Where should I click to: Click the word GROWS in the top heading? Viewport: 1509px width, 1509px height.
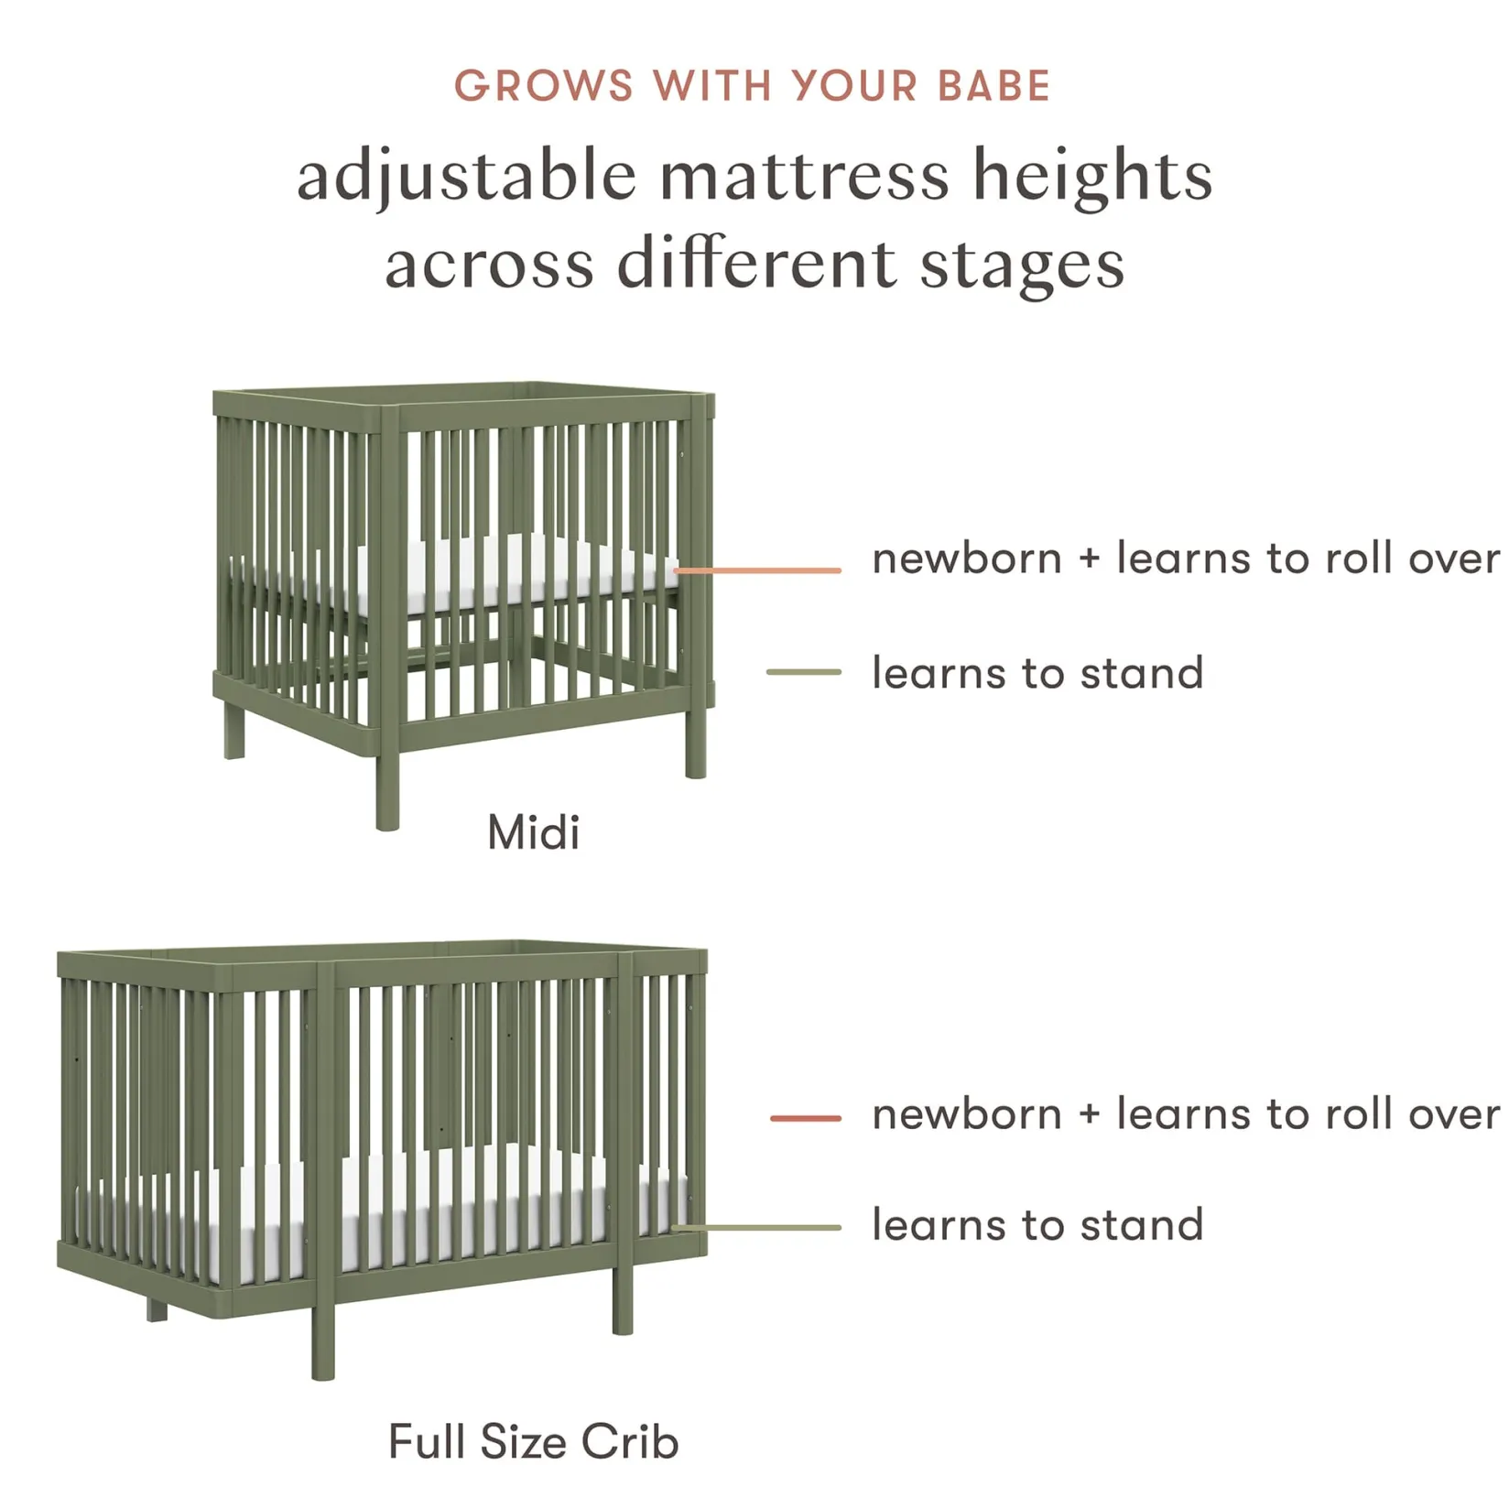point(543,87)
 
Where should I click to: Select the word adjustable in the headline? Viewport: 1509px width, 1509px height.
point(466,177)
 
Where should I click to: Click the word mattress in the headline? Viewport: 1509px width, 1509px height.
point(805,177)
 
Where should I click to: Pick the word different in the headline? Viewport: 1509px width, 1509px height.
point(756,265)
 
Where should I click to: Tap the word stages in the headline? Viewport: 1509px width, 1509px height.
point(1022,266)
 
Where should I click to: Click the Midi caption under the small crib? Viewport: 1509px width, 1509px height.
point(533,832)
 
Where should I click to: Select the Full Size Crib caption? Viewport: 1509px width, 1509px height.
point(533,1441)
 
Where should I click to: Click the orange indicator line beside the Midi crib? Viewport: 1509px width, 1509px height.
point(758,570)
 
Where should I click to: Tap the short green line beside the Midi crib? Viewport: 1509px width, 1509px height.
point(803,672)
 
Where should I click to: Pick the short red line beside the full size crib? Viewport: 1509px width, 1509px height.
point(805,1118)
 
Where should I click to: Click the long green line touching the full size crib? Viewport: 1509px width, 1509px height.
point(756,1228)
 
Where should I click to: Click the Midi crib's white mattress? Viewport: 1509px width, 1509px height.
point(513,572)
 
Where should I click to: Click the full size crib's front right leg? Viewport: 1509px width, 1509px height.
point(623,1300)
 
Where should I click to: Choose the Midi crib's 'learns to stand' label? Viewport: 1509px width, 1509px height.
point(1037,673)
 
